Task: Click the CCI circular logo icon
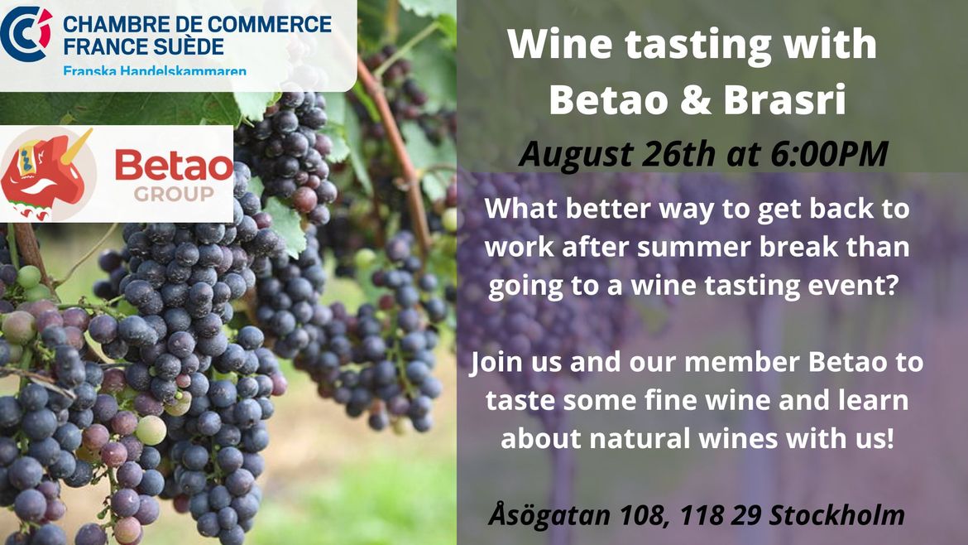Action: coord(26,33)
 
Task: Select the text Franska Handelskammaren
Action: coord(155,70)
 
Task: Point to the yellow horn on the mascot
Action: coord(77,145)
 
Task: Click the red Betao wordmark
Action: coord(174,166)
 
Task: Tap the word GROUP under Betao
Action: coord(174,194)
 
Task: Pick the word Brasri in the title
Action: coord(784,99)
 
